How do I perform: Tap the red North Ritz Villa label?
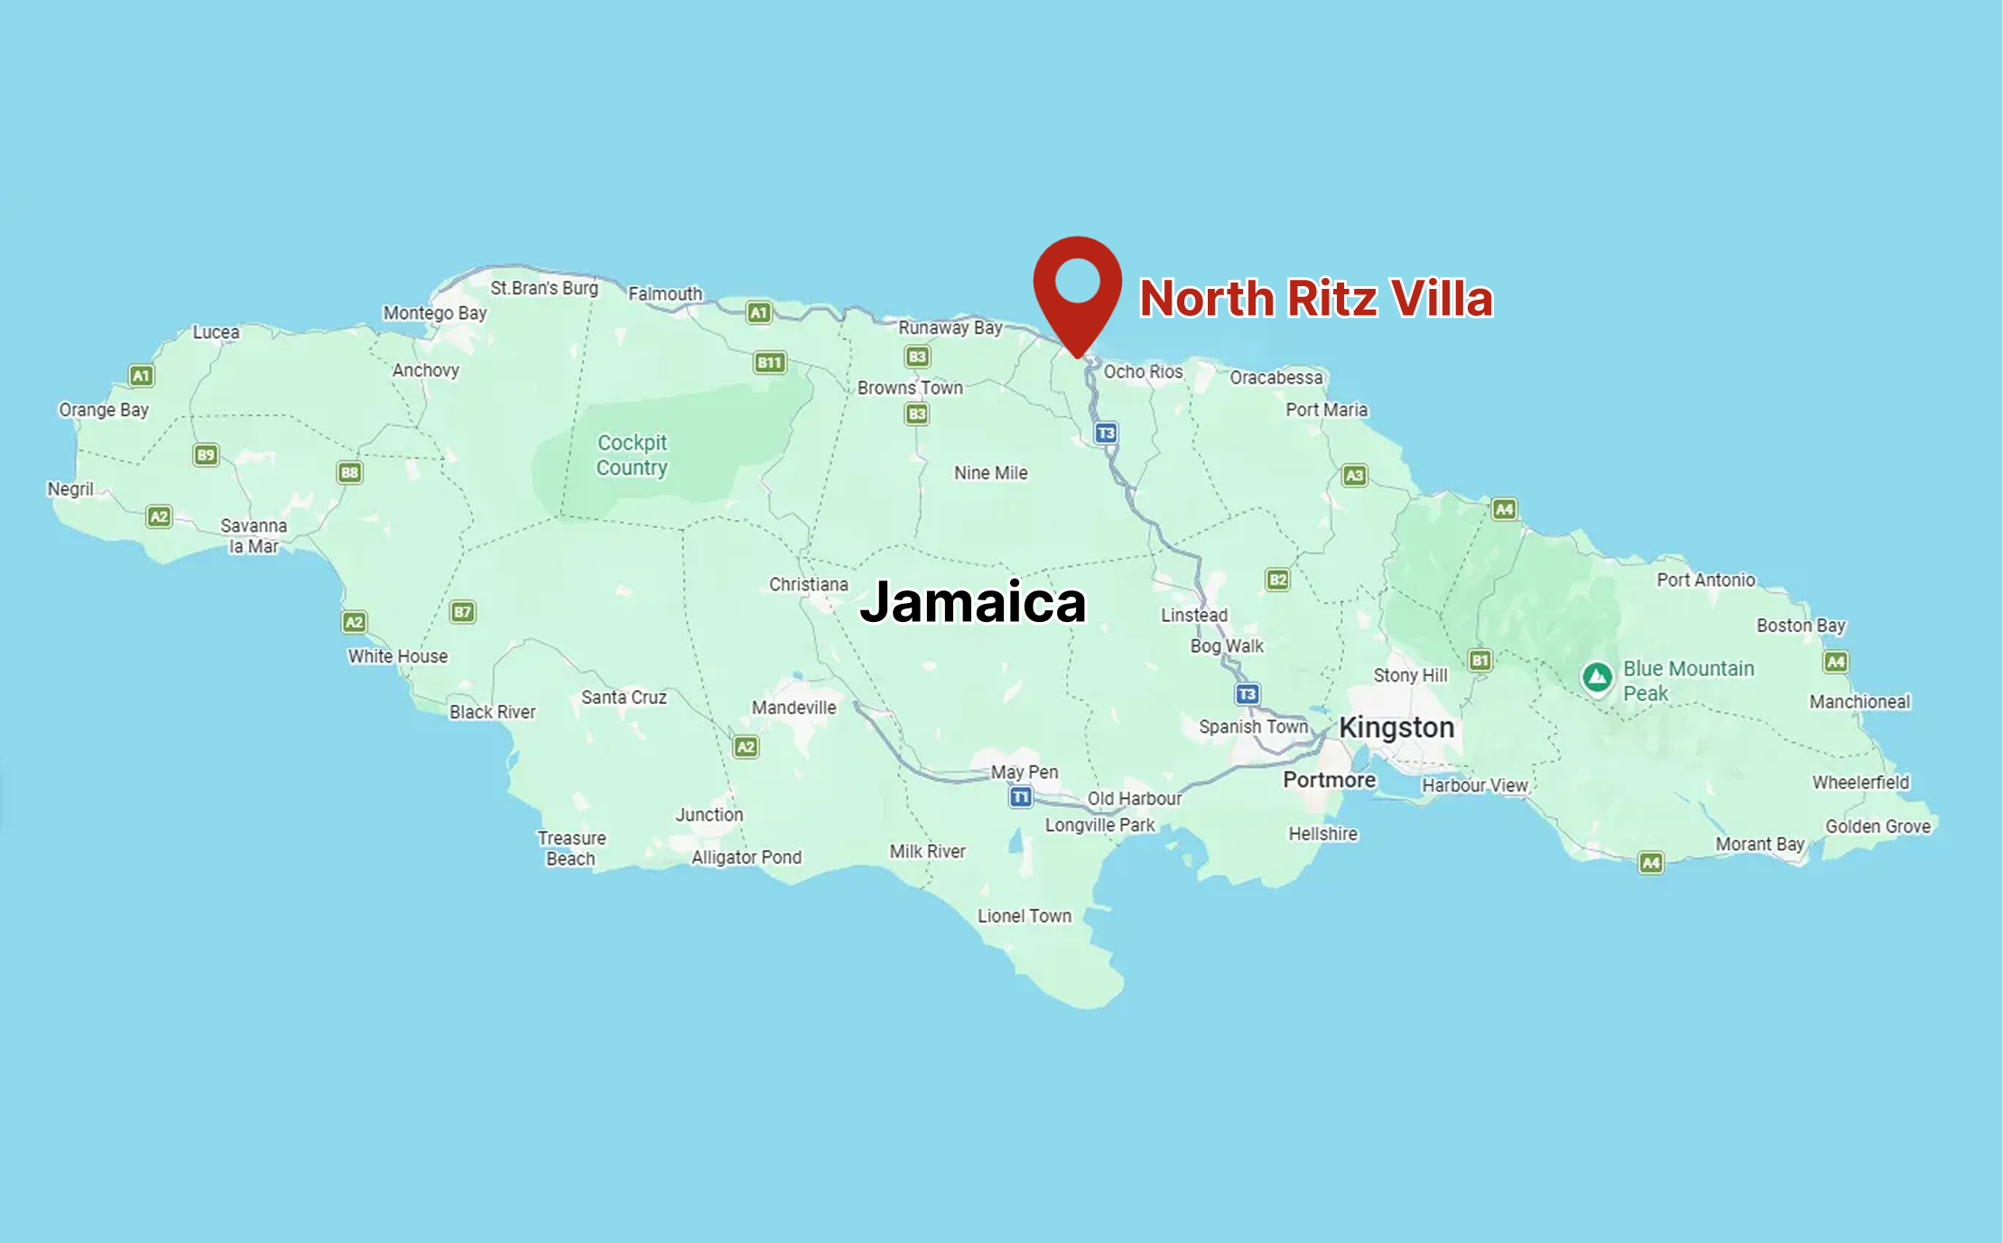1316,299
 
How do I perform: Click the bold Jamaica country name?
973,602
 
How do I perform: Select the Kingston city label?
1396,728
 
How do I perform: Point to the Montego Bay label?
435,313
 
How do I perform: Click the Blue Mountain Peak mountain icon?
1597,677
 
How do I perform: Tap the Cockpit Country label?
632,455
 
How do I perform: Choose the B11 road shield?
769,363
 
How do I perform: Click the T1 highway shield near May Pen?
1020,797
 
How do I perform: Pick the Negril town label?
70,489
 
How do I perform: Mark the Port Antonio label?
1706,580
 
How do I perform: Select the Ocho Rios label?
1143,372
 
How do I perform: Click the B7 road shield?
462,612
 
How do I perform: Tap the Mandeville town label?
794,708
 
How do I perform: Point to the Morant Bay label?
1759,844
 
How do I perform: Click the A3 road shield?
1354,476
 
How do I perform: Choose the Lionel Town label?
1025,916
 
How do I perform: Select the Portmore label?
1330,780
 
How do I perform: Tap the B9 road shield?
206,455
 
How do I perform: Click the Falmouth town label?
665,294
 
